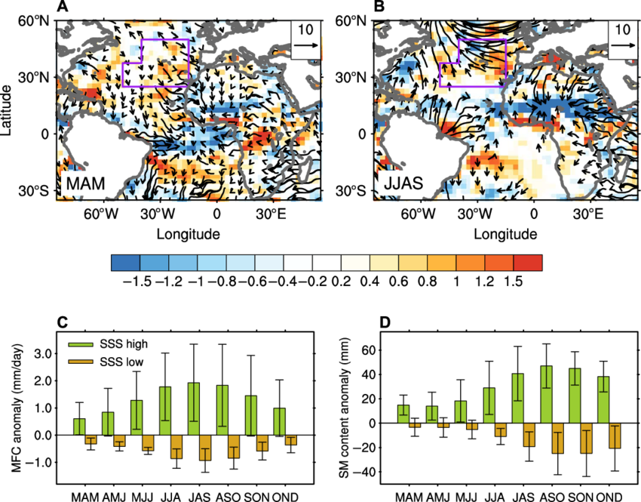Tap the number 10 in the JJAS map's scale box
point(622,30)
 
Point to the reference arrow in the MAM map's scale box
point(305,46)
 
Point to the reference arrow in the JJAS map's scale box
point(622,46)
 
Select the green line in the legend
point(81,345)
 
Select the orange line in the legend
point(81,362)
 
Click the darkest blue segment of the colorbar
point(125,263)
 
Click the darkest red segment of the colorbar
point(528,263)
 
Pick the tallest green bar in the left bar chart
point(194,408)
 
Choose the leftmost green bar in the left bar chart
point(79,426)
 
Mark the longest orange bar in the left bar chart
point(205,447)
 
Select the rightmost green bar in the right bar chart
point(603,399)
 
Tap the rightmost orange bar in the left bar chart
point(291,439)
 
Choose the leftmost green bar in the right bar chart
point(403,414)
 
